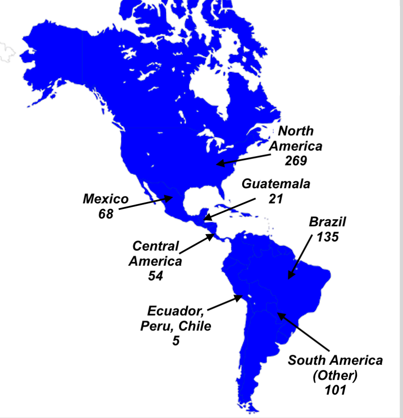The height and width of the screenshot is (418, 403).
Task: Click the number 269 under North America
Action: (x=296, y=161)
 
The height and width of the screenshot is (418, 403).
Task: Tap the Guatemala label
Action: (x=276, y=183)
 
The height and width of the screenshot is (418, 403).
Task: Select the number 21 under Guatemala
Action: (x=276, y=199)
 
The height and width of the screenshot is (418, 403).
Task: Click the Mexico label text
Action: (x=106, y=199)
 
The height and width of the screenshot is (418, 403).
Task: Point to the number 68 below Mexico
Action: (x=105, y=214)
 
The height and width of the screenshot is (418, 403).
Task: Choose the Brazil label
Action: (x=327, y=222)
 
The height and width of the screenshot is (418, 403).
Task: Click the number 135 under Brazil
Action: (x=328, y=237)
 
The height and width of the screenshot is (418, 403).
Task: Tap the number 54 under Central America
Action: (x=155, y=276)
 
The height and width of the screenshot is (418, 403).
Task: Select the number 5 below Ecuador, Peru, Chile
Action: (x=175, y=341)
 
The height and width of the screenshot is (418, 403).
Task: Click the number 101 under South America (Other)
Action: (x=335, y=390)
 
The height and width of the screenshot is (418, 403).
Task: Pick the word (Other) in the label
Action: (x=335, y=375)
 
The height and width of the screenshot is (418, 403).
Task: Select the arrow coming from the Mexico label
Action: (x=145, y=203)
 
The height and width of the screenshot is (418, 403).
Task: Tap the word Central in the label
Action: (x=155, y=246)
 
